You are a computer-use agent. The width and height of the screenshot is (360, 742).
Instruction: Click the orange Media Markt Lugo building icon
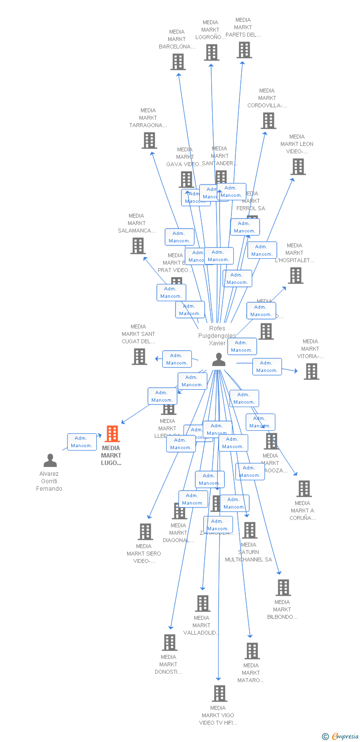pos(112,434)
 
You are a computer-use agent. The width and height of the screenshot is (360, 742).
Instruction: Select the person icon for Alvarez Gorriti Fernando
pos(50,461)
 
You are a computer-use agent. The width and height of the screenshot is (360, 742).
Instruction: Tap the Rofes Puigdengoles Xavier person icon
pos(219,360)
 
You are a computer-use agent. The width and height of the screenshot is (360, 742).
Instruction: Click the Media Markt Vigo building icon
pos(220,694)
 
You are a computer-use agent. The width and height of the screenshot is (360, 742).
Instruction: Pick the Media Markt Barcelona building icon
pos(178,62)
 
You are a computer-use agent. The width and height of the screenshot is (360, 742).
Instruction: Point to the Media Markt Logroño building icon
pos(211,52)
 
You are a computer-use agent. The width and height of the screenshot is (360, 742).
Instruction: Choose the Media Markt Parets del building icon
pos(244,50)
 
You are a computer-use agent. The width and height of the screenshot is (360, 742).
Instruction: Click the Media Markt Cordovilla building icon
pos(269,121)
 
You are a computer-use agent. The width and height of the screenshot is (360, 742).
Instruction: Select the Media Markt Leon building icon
pos(298,167)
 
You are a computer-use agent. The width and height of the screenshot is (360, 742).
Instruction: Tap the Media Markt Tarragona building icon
pos(149,140)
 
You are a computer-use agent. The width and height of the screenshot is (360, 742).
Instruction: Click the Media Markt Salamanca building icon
pos(138,246)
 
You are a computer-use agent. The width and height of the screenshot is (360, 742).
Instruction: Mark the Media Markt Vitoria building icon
pos(311,371)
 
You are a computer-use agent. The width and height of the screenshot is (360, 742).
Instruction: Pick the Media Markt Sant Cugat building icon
pos(139,357)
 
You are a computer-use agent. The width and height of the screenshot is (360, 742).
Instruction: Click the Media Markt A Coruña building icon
pos(304,489)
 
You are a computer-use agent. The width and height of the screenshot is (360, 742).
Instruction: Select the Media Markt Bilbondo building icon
pos(283,588)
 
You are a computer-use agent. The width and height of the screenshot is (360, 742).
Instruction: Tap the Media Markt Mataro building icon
pos(252,651)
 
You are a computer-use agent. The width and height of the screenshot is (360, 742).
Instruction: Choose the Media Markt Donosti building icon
pos(169,643)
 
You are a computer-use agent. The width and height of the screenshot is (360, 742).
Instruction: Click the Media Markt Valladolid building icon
pos(202,603)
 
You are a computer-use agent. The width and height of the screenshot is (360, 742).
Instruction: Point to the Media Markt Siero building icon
pos(145,532)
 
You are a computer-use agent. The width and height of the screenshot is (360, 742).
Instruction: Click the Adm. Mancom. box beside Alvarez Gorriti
pos(82,442)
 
